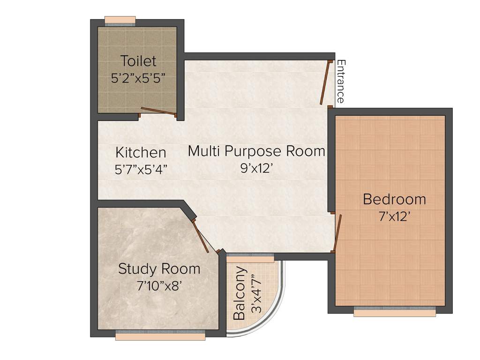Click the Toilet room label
[x=138, y=61]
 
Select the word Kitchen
[x=141, y=152]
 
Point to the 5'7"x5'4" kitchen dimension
[x=141, y=169]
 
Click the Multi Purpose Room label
[x=256, y=151]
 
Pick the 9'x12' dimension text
[x=256, y=168]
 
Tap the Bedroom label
[x=395, y=199]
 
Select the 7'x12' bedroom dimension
[x=395, y=217]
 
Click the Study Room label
[x=159, y=269]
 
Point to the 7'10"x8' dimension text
[x=159, y=285]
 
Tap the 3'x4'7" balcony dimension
[x=255, y=294]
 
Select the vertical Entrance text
[x=341, y=81]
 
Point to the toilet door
[x=158, y=111]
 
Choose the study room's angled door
[x=201, y=235]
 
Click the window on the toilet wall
[x=120, y=20]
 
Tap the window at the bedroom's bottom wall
[x=395, y=311]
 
